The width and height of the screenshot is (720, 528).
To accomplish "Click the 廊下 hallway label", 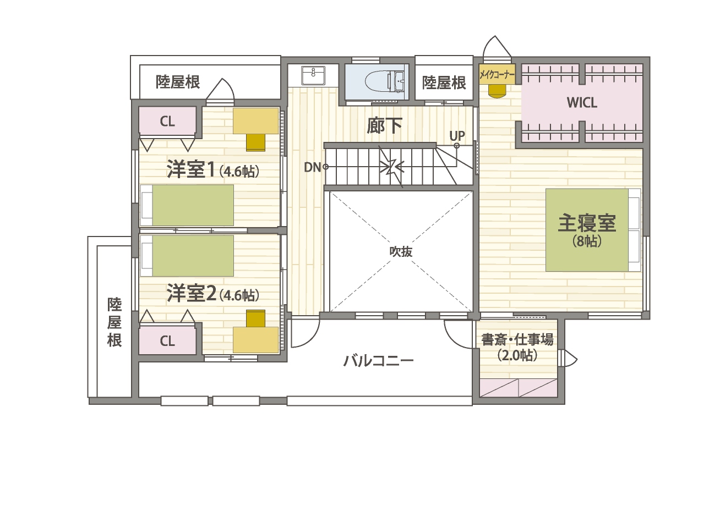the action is [x=384, y=126].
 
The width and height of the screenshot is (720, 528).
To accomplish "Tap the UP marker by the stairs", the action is [x=457, y=135].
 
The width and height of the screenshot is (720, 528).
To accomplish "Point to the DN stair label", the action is [x=313, y=167].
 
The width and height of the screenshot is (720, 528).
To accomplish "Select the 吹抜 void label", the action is [x=401, y=251].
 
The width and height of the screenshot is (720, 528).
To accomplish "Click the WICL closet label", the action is [x=582, y=102].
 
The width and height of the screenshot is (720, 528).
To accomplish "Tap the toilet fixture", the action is [x=385, y=81].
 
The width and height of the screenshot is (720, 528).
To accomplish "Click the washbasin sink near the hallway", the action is [x=313, y=75].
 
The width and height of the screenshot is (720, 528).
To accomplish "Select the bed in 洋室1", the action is [x=187, y=205].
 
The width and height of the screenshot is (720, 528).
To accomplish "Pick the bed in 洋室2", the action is [x=187, y=256].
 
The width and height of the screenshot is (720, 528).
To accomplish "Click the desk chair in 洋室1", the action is [x=256, y=142].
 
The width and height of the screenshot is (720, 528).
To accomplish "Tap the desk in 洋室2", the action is [x=256, y=340].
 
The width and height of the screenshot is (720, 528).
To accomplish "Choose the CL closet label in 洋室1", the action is [x=167, y=122].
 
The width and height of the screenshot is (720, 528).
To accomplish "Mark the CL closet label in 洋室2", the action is [x=167, y=341].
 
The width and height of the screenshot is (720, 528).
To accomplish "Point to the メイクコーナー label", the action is [x=497, y=75].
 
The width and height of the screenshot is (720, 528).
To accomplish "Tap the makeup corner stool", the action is [x=497, y=91].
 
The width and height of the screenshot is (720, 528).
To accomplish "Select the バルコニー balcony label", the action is [x=378, y=361].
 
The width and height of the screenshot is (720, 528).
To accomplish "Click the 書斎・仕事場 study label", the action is [x=517, y=340].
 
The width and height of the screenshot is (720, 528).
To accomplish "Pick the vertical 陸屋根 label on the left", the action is [x=114, y=322].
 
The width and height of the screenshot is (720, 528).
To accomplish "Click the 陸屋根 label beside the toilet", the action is [x=444, y=83].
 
